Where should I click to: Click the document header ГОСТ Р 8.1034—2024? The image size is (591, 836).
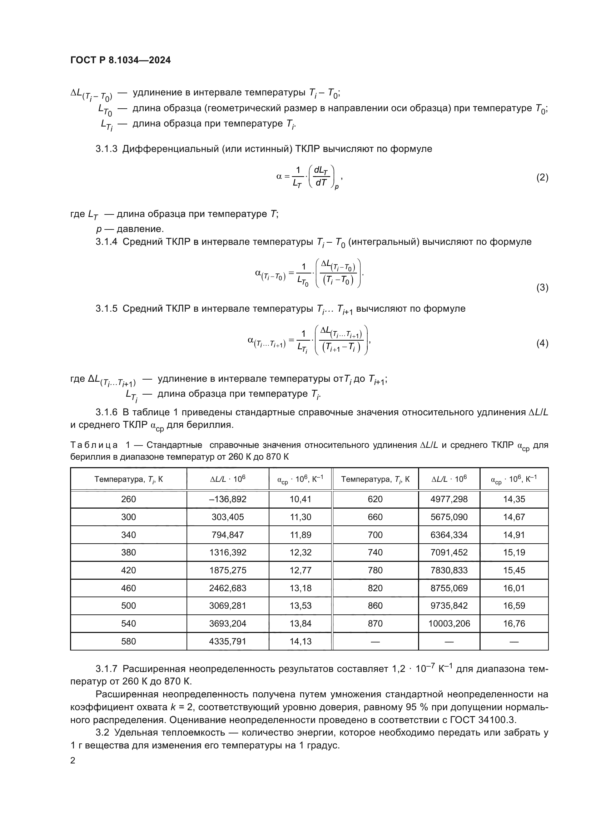pos(120,60)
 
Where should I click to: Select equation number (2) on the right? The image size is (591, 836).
pos(542,178)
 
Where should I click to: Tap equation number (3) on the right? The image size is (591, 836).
pos(542,288)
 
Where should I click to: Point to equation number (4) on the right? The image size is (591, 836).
pos(542,343)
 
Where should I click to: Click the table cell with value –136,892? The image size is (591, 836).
pos(228,499)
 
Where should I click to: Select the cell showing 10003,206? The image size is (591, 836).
pos(449,624)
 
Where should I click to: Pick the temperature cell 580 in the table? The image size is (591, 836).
pos(129,642)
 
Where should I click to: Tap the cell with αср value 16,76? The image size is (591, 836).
pos(514,624)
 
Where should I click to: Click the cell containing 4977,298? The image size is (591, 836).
pos(449,499)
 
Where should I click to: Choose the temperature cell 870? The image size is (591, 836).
pos(375,624)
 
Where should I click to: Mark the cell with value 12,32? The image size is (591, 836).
pos(301,552)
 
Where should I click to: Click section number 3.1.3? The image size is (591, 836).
pos(106,149)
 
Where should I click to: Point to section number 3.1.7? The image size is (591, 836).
pos(106,669)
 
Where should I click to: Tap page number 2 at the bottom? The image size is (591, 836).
pos(73,761)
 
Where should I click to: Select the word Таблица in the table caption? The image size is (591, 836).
pos(94,445)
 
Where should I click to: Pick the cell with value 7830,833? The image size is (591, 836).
pos(449,570)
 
